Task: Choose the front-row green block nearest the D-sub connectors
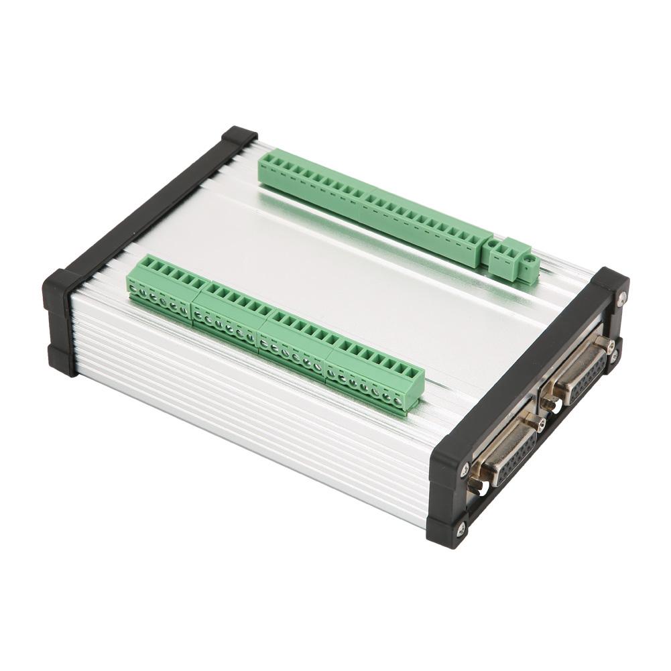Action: pos(375,379)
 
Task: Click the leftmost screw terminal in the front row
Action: pos(134,289)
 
